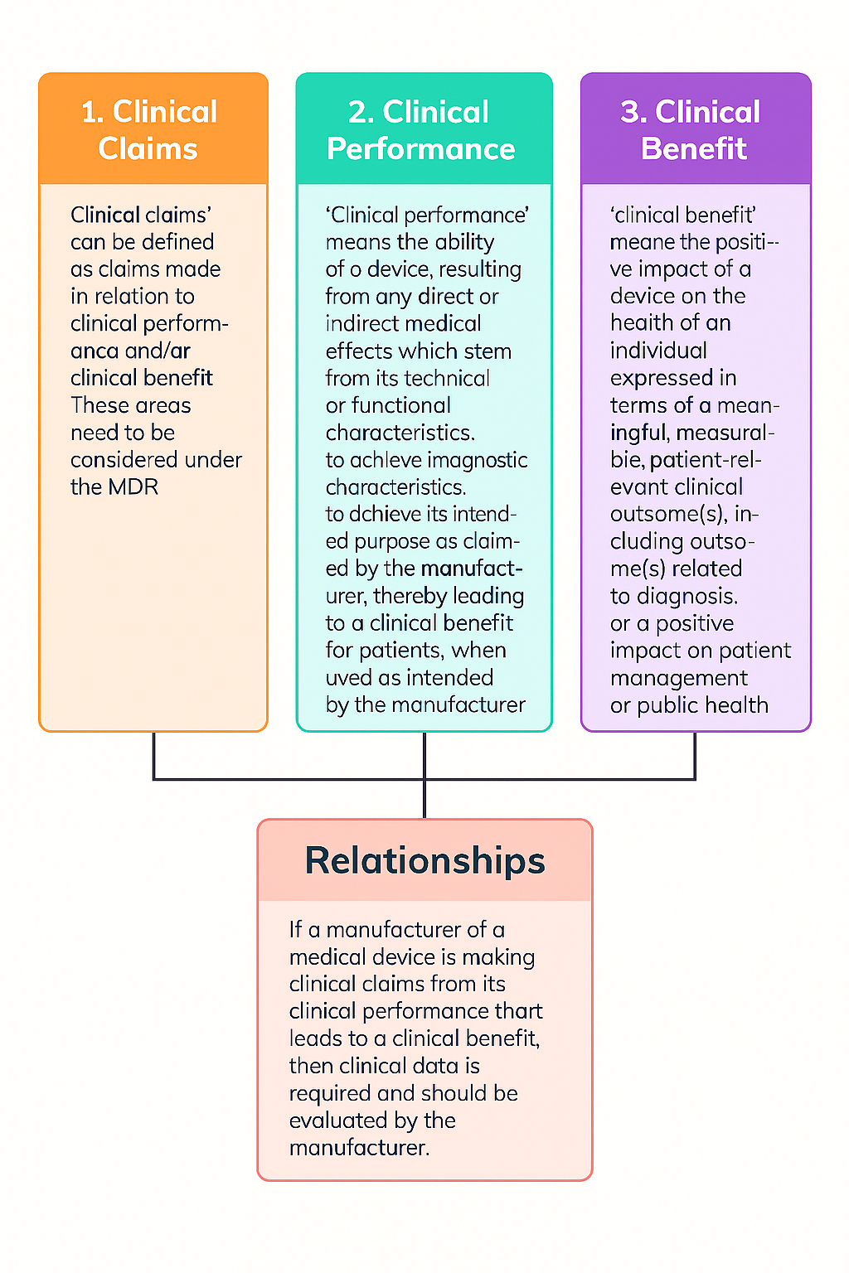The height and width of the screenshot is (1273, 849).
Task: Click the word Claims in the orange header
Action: (148, 149)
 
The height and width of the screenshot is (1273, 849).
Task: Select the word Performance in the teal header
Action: (421, 149)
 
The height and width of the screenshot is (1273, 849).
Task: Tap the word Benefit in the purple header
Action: (694, 149)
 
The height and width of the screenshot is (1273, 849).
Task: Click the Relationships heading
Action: (424, 860)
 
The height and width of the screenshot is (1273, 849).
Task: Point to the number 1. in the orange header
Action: (91, 112)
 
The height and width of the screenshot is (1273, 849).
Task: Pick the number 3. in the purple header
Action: (633, 112)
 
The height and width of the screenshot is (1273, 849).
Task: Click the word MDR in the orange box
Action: (133, 487)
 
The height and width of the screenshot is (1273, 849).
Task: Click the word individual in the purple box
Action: (658, 351)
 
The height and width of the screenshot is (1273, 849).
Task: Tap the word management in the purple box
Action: (679, 678)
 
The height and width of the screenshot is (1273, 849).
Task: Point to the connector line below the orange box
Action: (154, 756)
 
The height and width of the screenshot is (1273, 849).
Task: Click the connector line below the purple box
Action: (695, 756)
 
